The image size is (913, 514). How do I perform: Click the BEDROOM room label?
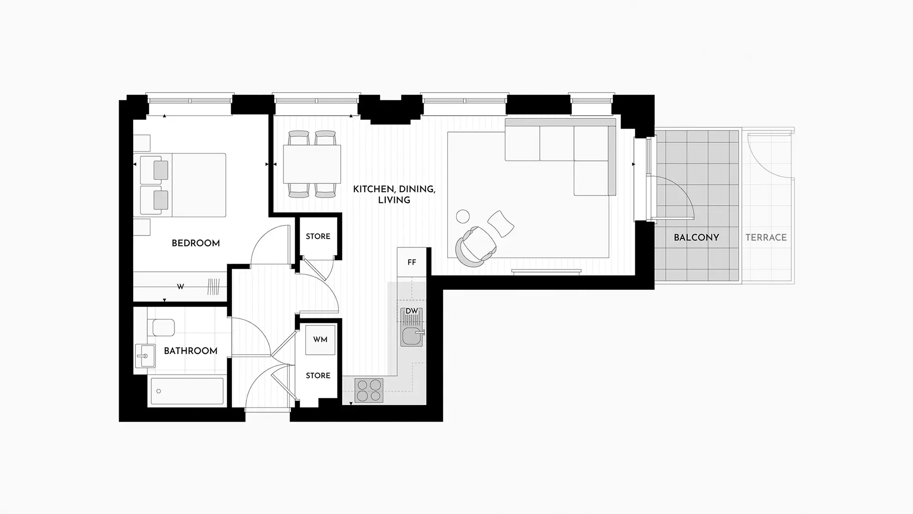[195, 243]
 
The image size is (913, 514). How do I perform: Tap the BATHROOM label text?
[190, 351]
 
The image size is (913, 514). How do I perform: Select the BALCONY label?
[696, 237]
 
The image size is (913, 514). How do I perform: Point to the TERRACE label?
[766, 237]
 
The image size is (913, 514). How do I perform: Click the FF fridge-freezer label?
[412, 262]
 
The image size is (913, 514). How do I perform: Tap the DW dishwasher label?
[412, 311]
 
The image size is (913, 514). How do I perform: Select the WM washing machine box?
[320, 339]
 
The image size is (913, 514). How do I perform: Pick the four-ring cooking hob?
[369, 390]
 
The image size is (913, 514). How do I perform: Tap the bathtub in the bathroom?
[187, 391]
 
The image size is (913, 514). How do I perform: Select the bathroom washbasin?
[145, 356]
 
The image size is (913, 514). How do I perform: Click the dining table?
[312, 164]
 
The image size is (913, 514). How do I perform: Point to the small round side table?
[463, 217]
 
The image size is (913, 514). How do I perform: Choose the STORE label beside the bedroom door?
[318, 237]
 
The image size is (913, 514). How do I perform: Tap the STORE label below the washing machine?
[318, 376]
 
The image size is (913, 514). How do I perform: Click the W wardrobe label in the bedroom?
[180, 287]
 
